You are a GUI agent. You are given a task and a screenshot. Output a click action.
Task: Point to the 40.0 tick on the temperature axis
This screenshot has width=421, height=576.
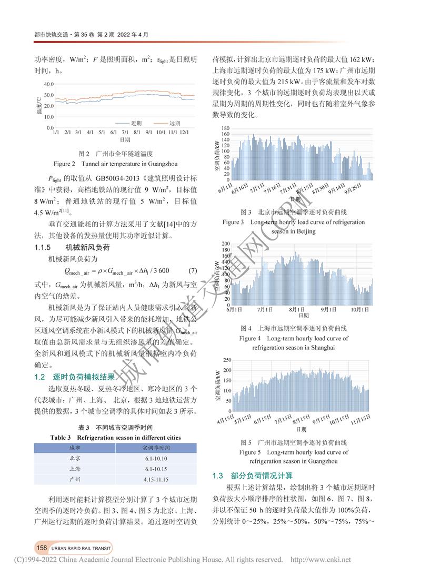(48, 84)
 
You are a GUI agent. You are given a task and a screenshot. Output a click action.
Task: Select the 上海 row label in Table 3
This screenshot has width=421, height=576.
(75, 469)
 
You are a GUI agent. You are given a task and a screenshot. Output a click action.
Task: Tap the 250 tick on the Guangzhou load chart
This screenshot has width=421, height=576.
(228, 360)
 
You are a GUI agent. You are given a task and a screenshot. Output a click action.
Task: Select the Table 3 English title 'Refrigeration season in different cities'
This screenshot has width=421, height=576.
(115, 438)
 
